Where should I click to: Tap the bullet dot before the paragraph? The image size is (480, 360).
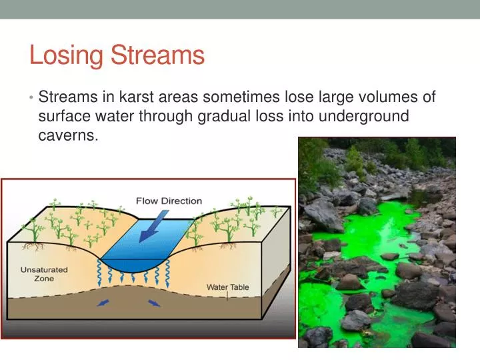31,98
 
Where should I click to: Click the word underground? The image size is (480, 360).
366,116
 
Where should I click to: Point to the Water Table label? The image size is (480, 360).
227,287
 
